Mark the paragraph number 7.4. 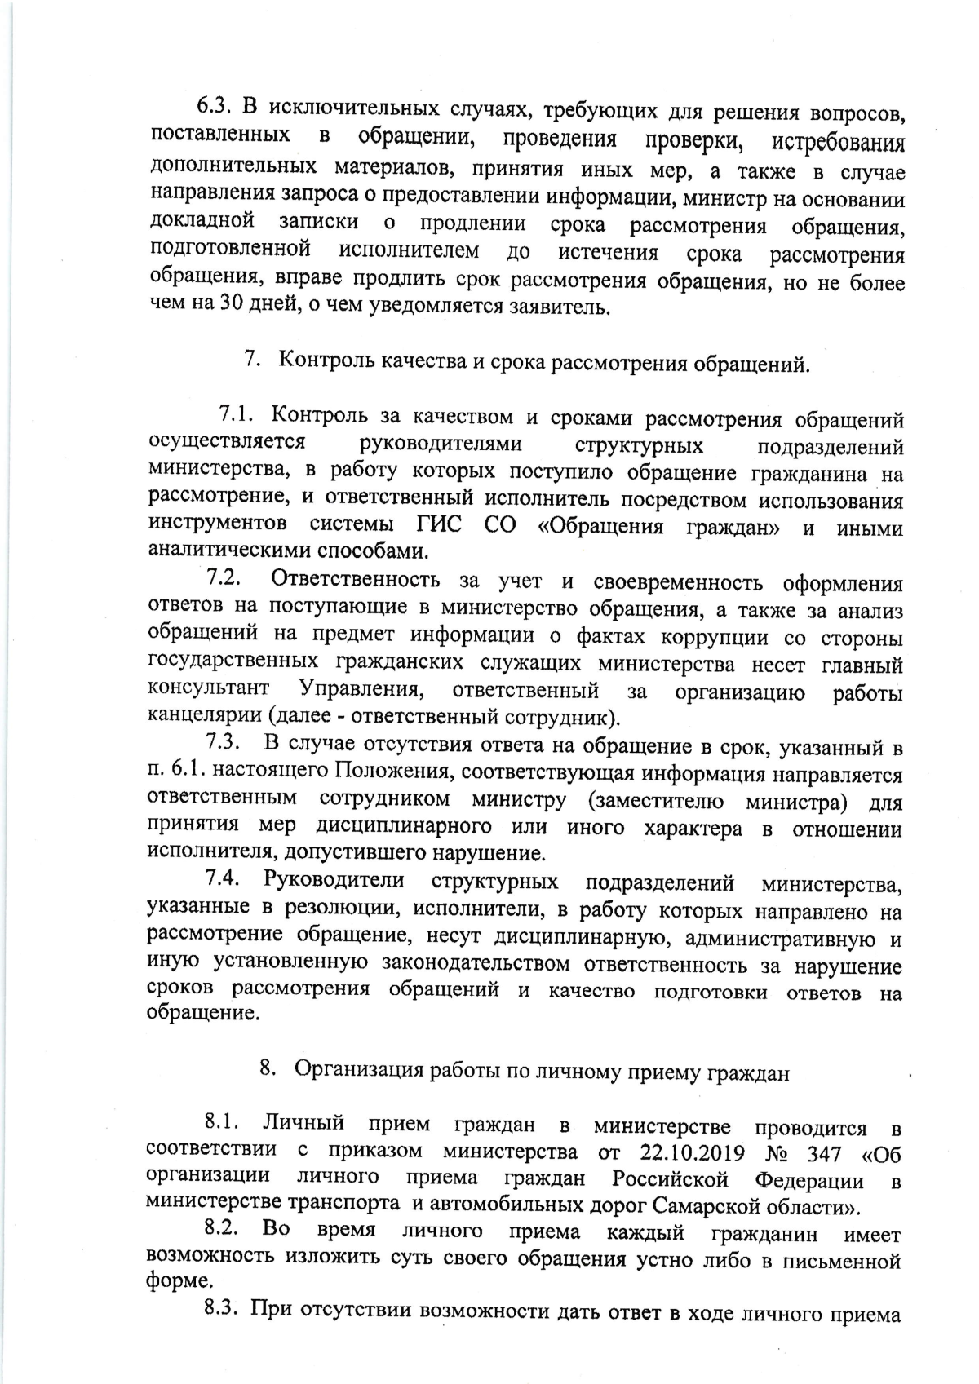[225, 882]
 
